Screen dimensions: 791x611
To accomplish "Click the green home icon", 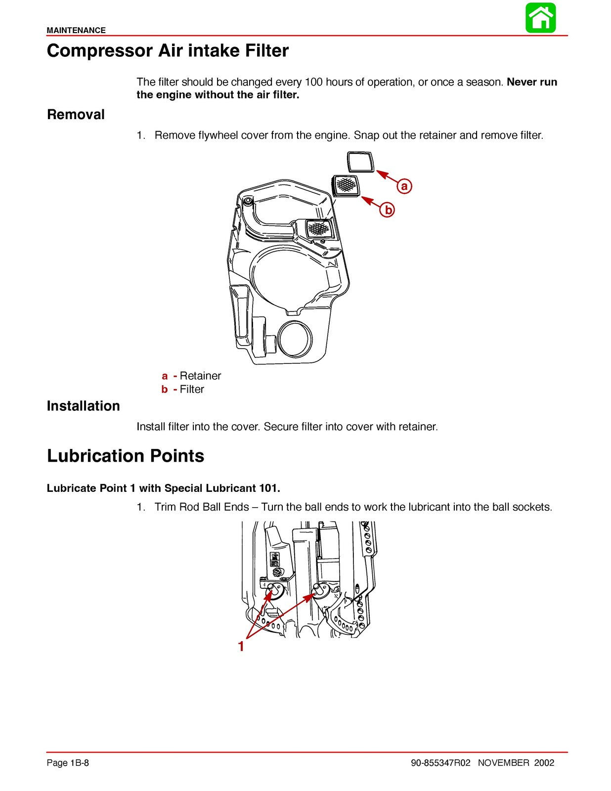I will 540,18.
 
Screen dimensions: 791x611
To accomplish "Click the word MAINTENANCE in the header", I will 76,30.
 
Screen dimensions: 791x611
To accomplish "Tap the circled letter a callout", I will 404,186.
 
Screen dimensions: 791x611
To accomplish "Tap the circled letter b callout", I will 388,210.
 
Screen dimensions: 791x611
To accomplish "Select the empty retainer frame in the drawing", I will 361,162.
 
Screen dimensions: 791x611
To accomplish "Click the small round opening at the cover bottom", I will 295,339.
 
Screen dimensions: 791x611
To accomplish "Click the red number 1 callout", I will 241,646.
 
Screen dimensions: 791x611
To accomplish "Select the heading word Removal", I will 76,115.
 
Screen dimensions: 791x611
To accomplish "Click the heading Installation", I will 83,406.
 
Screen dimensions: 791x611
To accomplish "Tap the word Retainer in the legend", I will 200,376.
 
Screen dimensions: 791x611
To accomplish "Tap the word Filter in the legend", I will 192,389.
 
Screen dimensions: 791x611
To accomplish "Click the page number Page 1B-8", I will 68,763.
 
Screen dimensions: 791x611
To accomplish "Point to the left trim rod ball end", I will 273,588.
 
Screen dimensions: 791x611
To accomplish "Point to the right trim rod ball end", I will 319,588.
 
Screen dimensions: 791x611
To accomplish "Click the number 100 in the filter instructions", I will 313,82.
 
